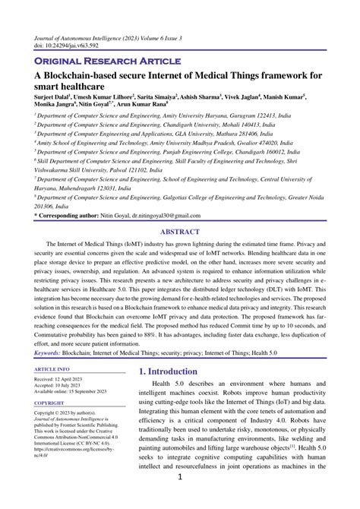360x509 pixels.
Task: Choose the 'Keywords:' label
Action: point(52,374)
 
